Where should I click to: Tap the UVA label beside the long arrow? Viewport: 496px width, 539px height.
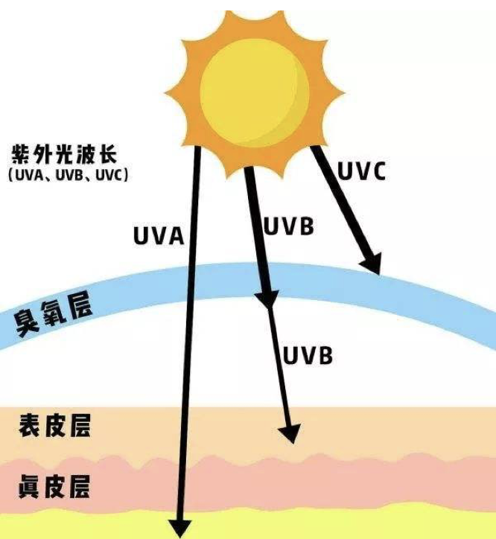click(158, 236)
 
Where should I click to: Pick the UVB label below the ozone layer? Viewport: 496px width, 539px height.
click(307, 355)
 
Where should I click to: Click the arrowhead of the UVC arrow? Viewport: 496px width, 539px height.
click(369, 263)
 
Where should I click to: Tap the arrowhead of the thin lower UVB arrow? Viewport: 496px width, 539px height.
click(290, 432)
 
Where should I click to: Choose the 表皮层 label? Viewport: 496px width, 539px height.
click(54, 427)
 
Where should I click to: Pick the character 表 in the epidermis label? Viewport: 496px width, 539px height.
click(29, 427)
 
